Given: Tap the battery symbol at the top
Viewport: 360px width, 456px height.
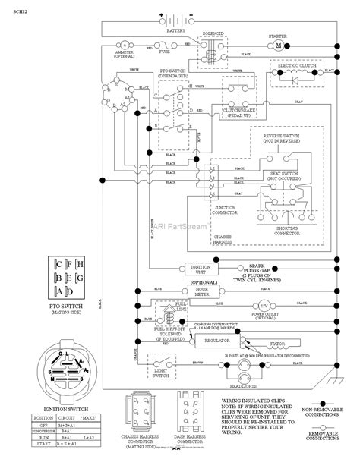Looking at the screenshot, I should coord(175,20).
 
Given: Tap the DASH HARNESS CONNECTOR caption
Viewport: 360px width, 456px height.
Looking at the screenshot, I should coord(190,439).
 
